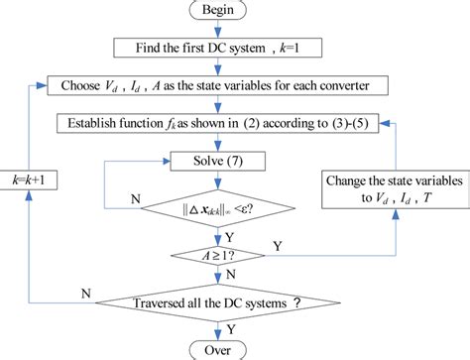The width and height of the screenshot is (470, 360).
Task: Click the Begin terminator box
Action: [x=234, y=12]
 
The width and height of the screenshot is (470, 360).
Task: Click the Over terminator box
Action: [x=235, y=348]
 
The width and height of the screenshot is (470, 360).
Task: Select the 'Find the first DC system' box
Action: [x=234, y=48]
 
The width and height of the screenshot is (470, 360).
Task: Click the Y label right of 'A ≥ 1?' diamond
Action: [x=304, y=245]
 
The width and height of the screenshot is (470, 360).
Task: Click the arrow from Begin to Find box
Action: [x=235, y=30]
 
